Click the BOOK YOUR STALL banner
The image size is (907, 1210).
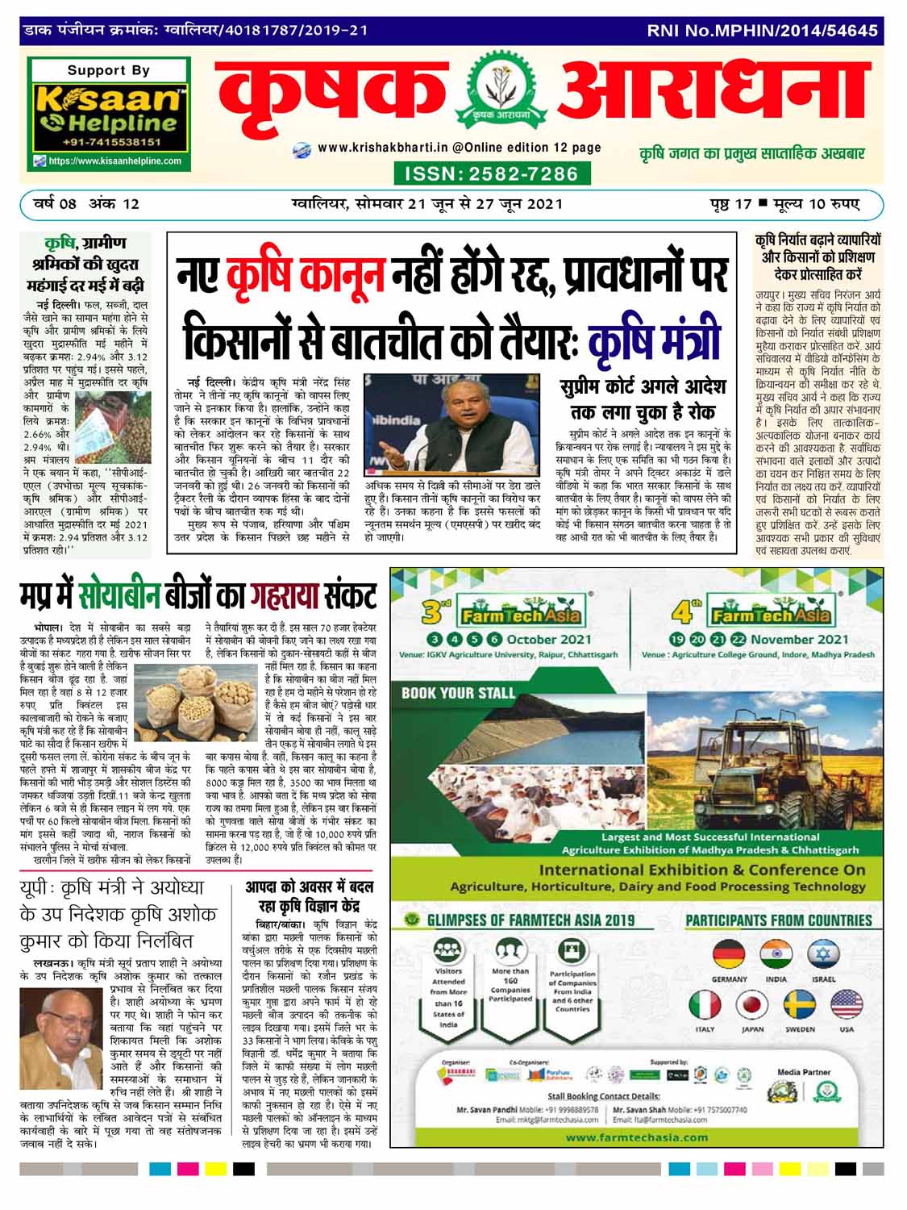point(458,692)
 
